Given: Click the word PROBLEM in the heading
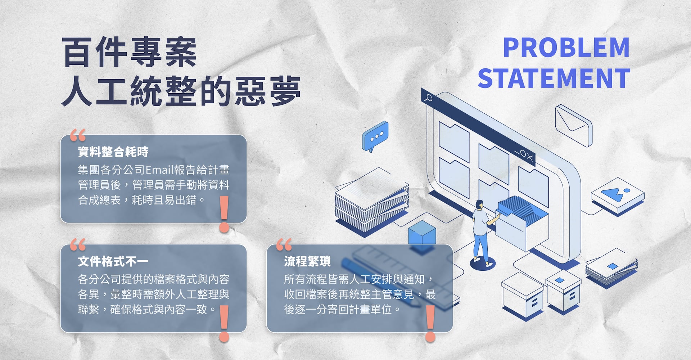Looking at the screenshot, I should pyautogui.click(x=566, y=48).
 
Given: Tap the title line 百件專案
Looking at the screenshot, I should pyautogui.click(x=130, y=52).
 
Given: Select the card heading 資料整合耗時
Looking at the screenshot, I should pyautogui.click(x=113, y=152).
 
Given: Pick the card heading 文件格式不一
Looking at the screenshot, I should pyautogui.click(x=113, y=261).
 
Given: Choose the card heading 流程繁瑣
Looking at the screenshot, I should pyautogui.click(x=307, y=261).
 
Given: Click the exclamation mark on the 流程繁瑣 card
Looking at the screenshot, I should pyautogui.click(x=430, y=323).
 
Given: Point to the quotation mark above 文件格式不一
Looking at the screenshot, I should pyautogui.click(x=78, y=245).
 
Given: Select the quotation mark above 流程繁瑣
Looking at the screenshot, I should pyautogui.click(x=284, y=245).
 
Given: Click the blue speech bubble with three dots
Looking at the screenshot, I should pyautogui.click(x=376, y=136).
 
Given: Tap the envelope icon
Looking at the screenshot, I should pyautogui.click(x=573, y=125).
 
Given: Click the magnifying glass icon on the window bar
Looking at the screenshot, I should pyautogui.click(x=429, y=97).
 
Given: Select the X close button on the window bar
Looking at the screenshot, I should pyautogui.click(x=529, y=157).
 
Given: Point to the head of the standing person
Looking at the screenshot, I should pyautogui.click(x=479, y=204).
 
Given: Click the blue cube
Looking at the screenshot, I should pyautogui.click(x=422, y=233).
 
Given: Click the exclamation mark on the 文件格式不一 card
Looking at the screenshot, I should pyautogui.click(x=224, y=323).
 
